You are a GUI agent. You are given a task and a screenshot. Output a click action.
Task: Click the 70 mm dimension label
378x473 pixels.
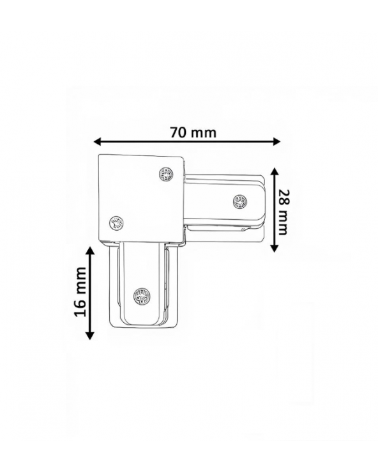tap(193, 132)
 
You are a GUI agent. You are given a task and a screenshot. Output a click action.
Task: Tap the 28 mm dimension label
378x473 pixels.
tap(283, 212)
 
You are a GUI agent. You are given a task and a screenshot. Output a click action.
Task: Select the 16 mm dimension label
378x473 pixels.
tap(80, 291)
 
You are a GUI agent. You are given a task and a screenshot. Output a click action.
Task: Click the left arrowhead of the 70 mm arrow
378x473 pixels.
tap(97, 141)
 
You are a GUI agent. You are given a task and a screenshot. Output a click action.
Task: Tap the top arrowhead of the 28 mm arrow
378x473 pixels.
tap(274, 172)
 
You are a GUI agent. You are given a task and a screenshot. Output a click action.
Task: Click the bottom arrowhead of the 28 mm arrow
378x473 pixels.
tap(274, 248)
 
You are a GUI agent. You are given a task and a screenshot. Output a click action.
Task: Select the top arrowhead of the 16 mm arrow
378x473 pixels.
tap(90, 251)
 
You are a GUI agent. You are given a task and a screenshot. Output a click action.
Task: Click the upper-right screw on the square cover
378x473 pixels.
tap(167, 174)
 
